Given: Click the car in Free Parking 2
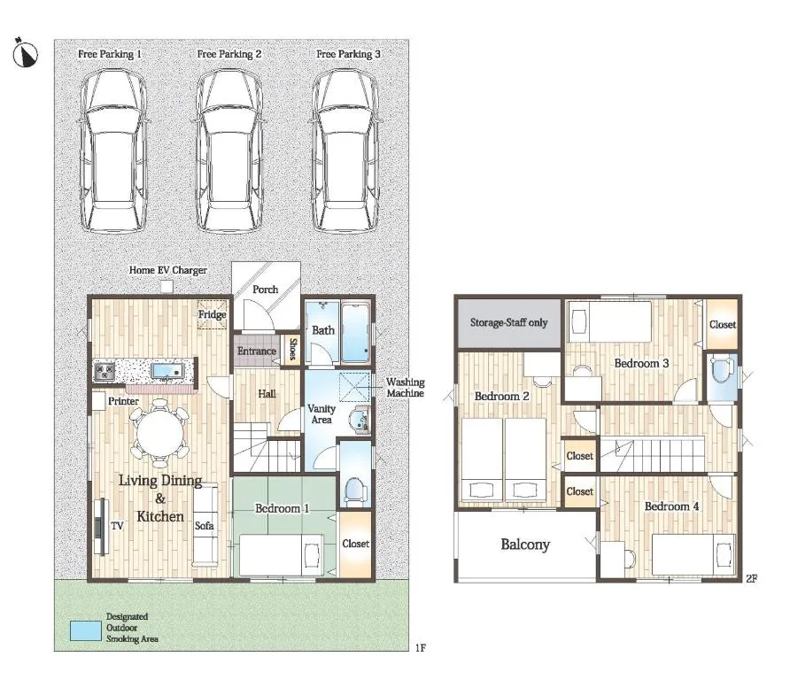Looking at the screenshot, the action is (x=229, y=151).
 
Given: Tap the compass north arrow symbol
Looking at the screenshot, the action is (x=25, y=53).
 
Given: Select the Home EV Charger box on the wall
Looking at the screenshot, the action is (x=167, y=287).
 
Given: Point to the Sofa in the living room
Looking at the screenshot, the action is (x=205, y=525).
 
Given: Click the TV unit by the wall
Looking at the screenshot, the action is (x=102, y=526).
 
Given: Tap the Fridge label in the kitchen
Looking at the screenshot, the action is (x=212, y=315).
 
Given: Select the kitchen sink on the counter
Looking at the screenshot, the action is (x=167, y=371).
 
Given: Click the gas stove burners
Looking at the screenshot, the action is (x=105, y=372).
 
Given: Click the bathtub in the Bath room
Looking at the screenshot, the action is (x=356, y=332).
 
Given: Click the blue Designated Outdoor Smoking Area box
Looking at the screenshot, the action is (x=86, y=630).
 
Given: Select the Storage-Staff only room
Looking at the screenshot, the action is (x=509, y=323).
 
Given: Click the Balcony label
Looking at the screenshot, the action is (x=525, y=545).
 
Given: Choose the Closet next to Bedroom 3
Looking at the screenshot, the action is (x=722, y=324).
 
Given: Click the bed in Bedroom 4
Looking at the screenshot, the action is (x=693, y=554).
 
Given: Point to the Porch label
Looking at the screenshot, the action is (x=266, y=290).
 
